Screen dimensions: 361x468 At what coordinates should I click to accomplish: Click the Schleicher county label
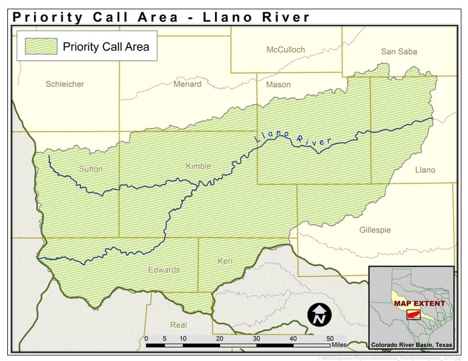point(65,84)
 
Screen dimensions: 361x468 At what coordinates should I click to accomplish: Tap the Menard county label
point(187,84)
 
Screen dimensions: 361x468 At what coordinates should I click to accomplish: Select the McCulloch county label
point(285,49)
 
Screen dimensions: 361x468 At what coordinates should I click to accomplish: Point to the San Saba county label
point(399,52)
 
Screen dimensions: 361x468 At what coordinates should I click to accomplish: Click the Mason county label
point(278,85)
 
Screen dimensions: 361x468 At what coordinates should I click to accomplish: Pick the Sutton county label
point(90,169)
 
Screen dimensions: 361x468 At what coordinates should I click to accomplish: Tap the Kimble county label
point(198,166)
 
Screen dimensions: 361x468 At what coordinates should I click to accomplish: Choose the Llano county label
point(425,170)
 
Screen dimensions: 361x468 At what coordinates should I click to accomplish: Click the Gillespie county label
point(375,230)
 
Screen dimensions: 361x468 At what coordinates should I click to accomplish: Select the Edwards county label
point(164,270)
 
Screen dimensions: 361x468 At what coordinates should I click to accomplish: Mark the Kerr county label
point(225,261)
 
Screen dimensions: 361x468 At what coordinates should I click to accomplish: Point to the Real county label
point(179,325)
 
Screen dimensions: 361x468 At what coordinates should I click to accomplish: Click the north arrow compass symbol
point(318,314)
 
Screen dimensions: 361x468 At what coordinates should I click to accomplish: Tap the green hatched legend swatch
point(41,46)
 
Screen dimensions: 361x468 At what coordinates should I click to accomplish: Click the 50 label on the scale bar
point(330,338)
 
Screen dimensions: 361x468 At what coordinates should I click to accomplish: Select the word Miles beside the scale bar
point(339,345)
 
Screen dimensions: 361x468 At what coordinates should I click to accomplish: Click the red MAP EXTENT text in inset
point(419,303)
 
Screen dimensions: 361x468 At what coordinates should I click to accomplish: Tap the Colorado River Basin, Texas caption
point(412,345)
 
